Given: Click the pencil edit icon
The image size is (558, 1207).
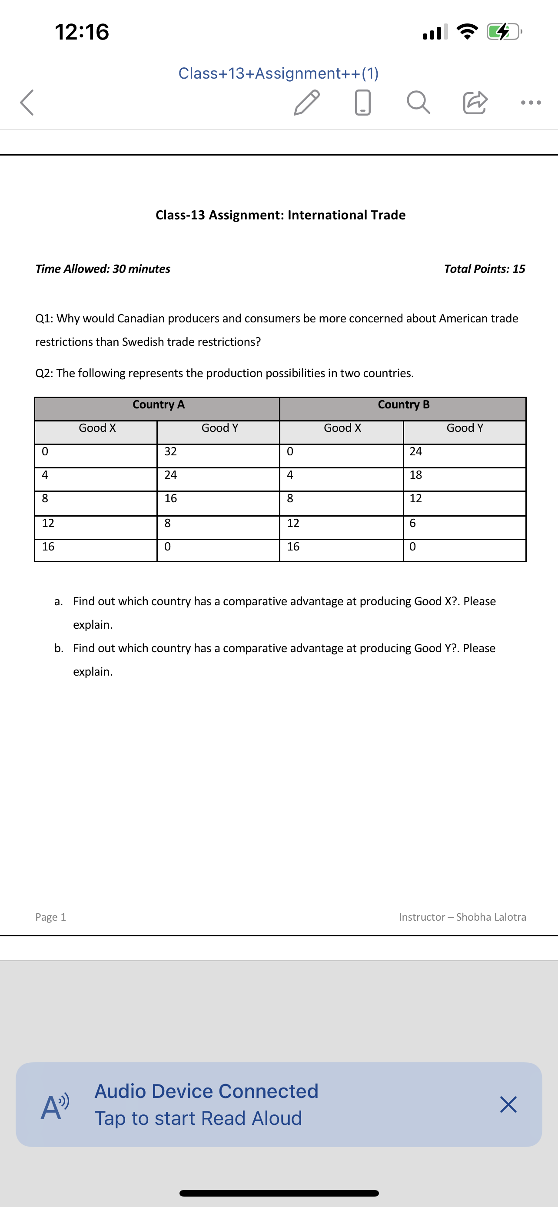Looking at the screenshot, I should point(306,102).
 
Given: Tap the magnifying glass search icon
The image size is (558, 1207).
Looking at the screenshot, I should point(418,102).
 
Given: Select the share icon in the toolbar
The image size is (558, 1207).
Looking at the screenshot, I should point(475,102).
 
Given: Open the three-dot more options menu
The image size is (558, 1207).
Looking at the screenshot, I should point(531,102).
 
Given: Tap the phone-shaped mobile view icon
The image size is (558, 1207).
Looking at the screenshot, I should point(362,102).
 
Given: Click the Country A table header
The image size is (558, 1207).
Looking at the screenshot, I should point(158,405).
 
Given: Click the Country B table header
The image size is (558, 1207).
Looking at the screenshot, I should point(403,405).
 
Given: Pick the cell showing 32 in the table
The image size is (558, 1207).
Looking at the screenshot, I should point(170,452).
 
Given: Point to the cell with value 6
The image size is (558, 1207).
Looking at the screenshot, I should point(413,524).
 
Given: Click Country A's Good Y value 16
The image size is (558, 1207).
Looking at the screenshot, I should point(170,498).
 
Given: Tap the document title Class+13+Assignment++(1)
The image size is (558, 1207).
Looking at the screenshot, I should point(279,73).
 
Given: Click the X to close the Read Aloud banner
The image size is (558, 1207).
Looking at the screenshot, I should point(508,1104).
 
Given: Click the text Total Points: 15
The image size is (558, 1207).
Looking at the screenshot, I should point(485,269).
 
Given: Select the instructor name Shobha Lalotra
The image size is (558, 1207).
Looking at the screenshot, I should point(491,917).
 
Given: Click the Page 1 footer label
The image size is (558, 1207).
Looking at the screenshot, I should point(50,917).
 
